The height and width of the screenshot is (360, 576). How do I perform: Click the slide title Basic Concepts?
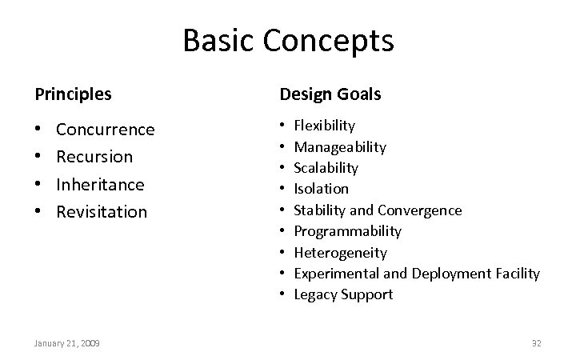point(288,41)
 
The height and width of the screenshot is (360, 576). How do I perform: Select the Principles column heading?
point(73,94)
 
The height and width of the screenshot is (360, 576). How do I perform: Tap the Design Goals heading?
point(330,94)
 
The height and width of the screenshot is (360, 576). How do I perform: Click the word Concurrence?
point(105,130)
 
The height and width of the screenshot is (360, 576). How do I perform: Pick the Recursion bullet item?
point(94,157)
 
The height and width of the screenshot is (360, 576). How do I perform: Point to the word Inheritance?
point(100,184)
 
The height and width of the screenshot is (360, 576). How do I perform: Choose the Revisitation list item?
point(102,212)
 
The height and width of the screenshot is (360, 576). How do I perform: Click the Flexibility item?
point(324,126)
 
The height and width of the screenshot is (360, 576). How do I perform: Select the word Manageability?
point(340,147)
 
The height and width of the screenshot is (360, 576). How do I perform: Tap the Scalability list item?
point(326,168)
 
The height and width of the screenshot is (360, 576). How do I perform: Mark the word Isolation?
point(321,189)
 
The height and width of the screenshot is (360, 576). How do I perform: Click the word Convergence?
point(420,210)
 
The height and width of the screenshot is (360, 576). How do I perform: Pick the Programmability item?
point(347,231)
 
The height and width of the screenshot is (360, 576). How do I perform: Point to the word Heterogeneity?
point(340,253)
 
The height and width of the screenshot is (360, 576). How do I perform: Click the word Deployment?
point(447,274)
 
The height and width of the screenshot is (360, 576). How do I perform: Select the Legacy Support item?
point(343,294)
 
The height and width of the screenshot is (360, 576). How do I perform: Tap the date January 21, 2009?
point(66,343)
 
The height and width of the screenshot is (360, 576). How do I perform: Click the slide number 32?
point(536,343)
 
